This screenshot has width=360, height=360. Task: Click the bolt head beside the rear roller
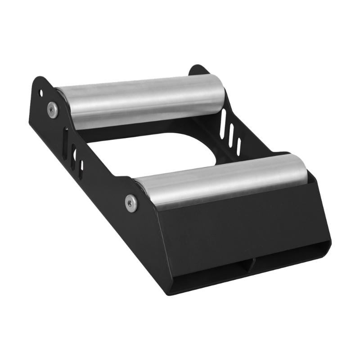[x=53, y=109]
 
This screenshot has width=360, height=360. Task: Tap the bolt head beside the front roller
[x=131, y=203]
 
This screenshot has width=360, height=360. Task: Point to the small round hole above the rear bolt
[x=41, y=93]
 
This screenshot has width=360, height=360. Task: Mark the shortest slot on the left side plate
[x=81, y=169]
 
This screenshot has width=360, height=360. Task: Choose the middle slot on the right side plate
[x=231, y=135]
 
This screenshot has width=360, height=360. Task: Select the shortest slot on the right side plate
[x=238, y=147]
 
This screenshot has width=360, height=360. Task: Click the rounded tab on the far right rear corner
[x=198, y=70]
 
